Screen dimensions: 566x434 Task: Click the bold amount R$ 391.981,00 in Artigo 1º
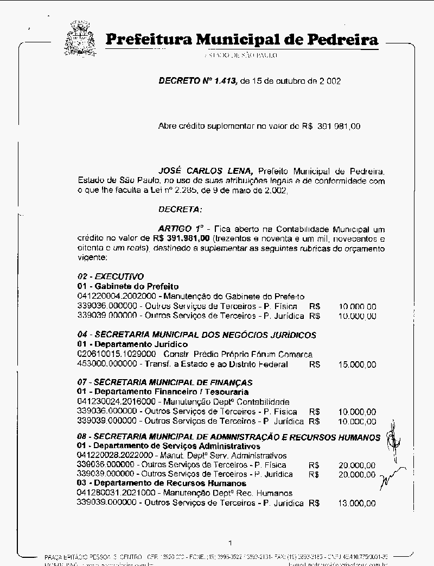(x=181, y=238)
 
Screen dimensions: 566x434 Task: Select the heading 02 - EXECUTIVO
(x=110, y=276)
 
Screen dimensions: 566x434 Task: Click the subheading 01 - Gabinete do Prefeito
(x=127, y=286)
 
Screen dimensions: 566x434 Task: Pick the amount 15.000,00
(x=357, y=364)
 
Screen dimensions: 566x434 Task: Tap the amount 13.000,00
(x=357, y=503)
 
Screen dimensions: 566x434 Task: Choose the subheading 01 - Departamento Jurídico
(x=132, y=344)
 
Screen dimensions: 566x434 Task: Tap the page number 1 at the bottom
(x=231, y=542)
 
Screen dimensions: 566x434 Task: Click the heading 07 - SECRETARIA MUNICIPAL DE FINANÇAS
(x=164, y=382)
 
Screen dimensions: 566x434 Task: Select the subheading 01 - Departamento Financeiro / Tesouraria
(x=163, y=392)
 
